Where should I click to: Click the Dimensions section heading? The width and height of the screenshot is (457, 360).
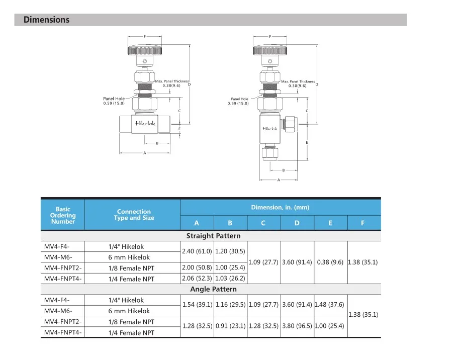[46, 20]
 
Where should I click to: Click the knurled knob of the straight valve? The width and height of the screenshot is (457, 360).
[145, 50]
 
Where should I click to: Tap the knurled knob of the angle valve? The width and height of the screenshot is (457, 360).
[270, 50]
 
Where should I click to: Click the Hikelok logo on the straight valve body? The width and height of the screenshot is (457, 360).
[145, 123]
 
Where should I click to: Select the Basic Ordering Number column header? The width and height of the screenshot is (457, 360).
[63, 215]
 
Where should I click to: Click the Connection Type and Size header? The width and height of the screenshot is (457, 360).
[134, 215]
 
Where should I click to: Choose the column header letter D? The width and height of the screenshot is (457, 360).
[297, 223]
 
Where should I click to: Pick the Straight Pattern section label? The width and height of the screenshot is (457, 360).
[213, 236]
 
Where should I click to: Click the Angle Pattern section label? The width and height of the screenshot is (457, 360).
[213, 289]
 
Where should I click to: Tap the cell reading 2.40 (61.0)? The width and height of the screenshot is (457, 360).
[197, 251]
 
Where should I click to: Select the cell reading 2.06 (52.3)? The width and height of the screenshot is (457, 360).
[197, 279]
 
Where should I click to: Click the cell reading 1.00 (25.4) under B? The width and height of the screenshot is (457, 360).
[230, 268]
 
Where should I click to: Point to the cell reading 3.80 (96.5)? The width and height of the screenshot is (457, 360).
[297, 326]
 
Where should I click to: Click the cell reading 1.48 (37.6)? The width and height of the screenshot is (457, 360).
[330, 305]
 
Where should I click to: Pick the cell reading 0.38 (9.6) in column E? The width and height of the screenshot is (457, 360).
[330, 262]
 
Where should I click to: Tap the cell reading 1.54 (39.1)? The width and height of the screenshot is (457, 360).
[197, 305]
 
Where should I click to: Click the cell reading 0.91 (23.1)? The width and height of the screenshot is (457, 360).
[230, 326]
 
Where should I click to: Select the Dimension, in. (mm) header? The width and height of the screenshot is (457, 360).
[280, 207]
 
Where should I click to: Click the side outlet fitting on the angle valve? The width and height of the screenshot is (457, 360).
[291, 123]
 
